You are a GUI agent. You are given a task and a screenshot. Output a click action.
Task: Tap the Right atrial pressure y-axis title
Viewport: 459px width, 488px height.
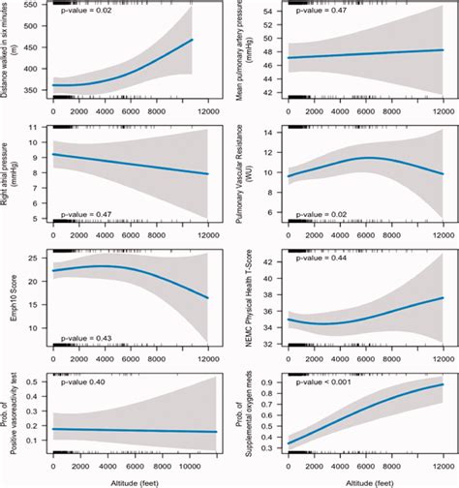pos(12,172)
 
